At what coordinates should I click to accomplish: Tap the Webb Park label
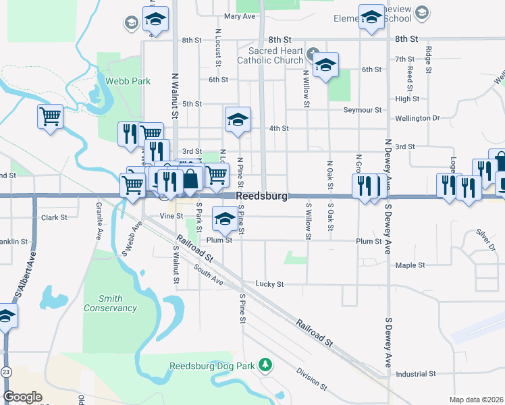127,81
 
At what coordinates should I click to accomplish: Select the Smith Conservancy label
110,303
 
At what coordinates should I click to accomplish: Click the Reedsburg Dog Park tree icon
266,365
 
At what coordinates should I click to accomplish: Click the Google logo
22,397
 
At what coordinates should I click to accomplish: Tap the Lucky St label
269,284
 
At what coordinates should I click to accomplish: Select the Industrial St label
416,373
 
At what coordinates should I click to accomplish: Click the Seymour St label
363,109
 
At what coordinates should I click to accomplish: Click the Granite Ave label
99,215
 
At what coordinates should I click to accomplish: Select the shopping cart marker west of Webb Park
50,117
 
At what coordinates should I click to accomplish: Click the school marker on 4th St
238,120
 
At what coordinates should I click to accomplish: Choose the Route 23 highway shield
6,372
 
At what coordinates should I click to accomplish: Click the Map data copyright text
476,400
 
